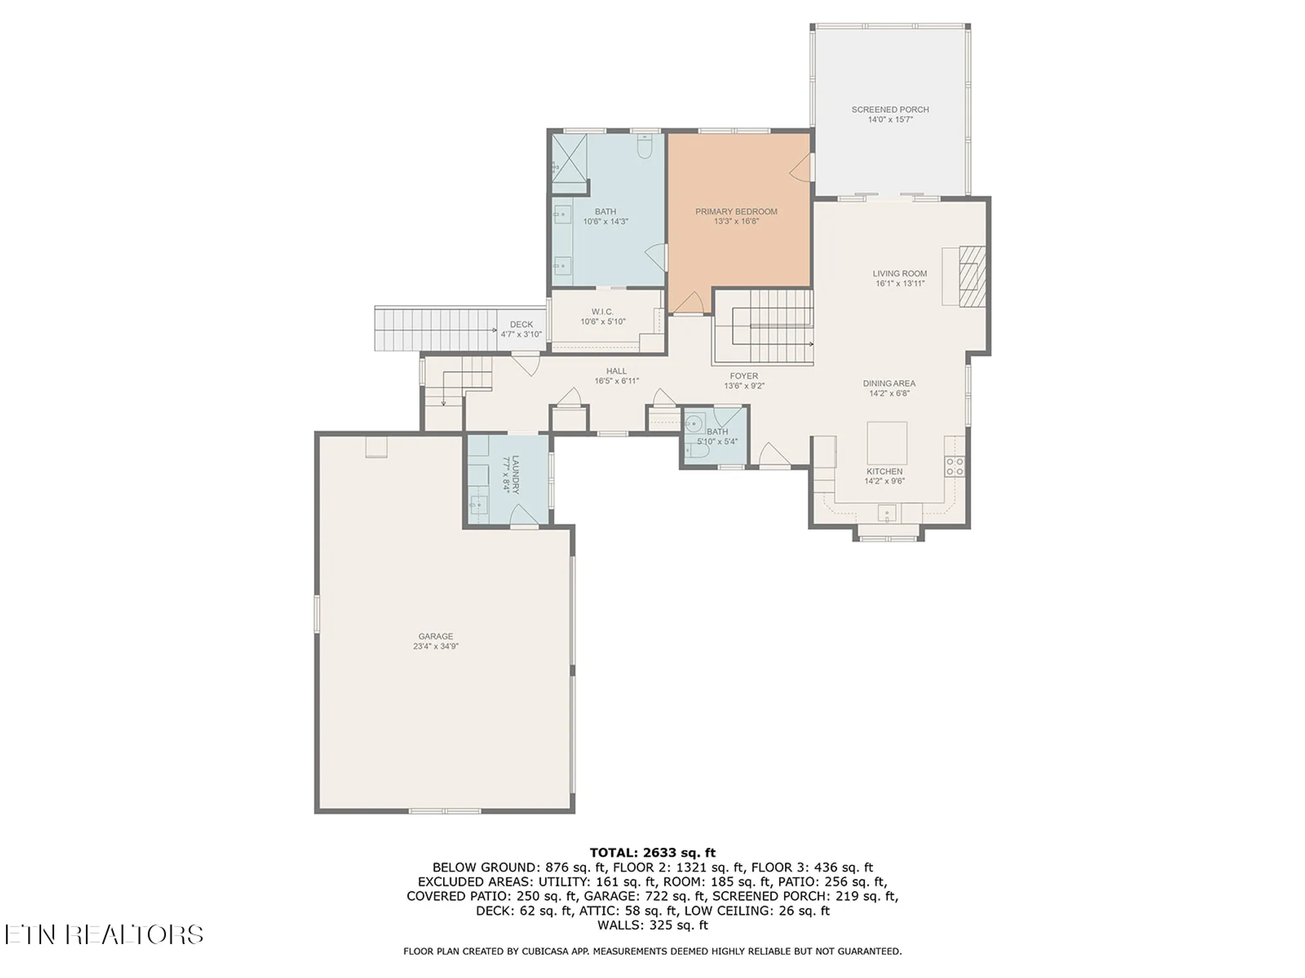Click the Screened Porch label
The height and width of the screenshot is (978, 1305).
click(890, 110)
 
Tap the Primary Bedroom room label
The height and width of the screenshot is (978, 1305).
click(736, 211)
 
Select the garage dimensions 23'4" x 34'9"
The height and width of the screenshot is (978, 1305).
click(435, 647)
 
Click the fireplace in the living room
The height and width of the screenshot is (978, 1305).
click(971, 276)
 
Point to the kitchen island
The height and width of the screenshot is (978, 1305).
click(887, 443)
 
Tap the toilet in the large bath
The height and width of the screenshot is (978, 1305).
click(645, 148)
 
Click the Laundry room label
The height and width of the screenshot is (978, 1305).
click(515, 475)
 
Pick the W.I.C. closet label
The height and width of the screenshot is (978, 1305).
click(602, 312)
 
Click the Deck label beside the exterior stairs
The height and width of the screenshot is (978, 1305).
click(521, 324)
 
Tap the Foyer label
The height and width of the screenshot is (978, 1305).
click(744, 376)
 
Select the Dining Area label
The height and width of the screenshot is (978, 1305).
click(889, 383)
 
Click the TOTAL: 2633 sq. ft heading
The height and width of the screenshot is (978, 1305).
click(652, 852)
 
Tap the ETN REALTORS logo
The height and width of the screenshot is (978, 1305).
click(104, 935)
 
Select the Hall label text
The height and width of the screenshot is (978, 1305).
click(616, 371)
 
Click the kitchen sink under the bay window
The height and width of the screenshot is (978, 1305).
click(887, 513)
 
